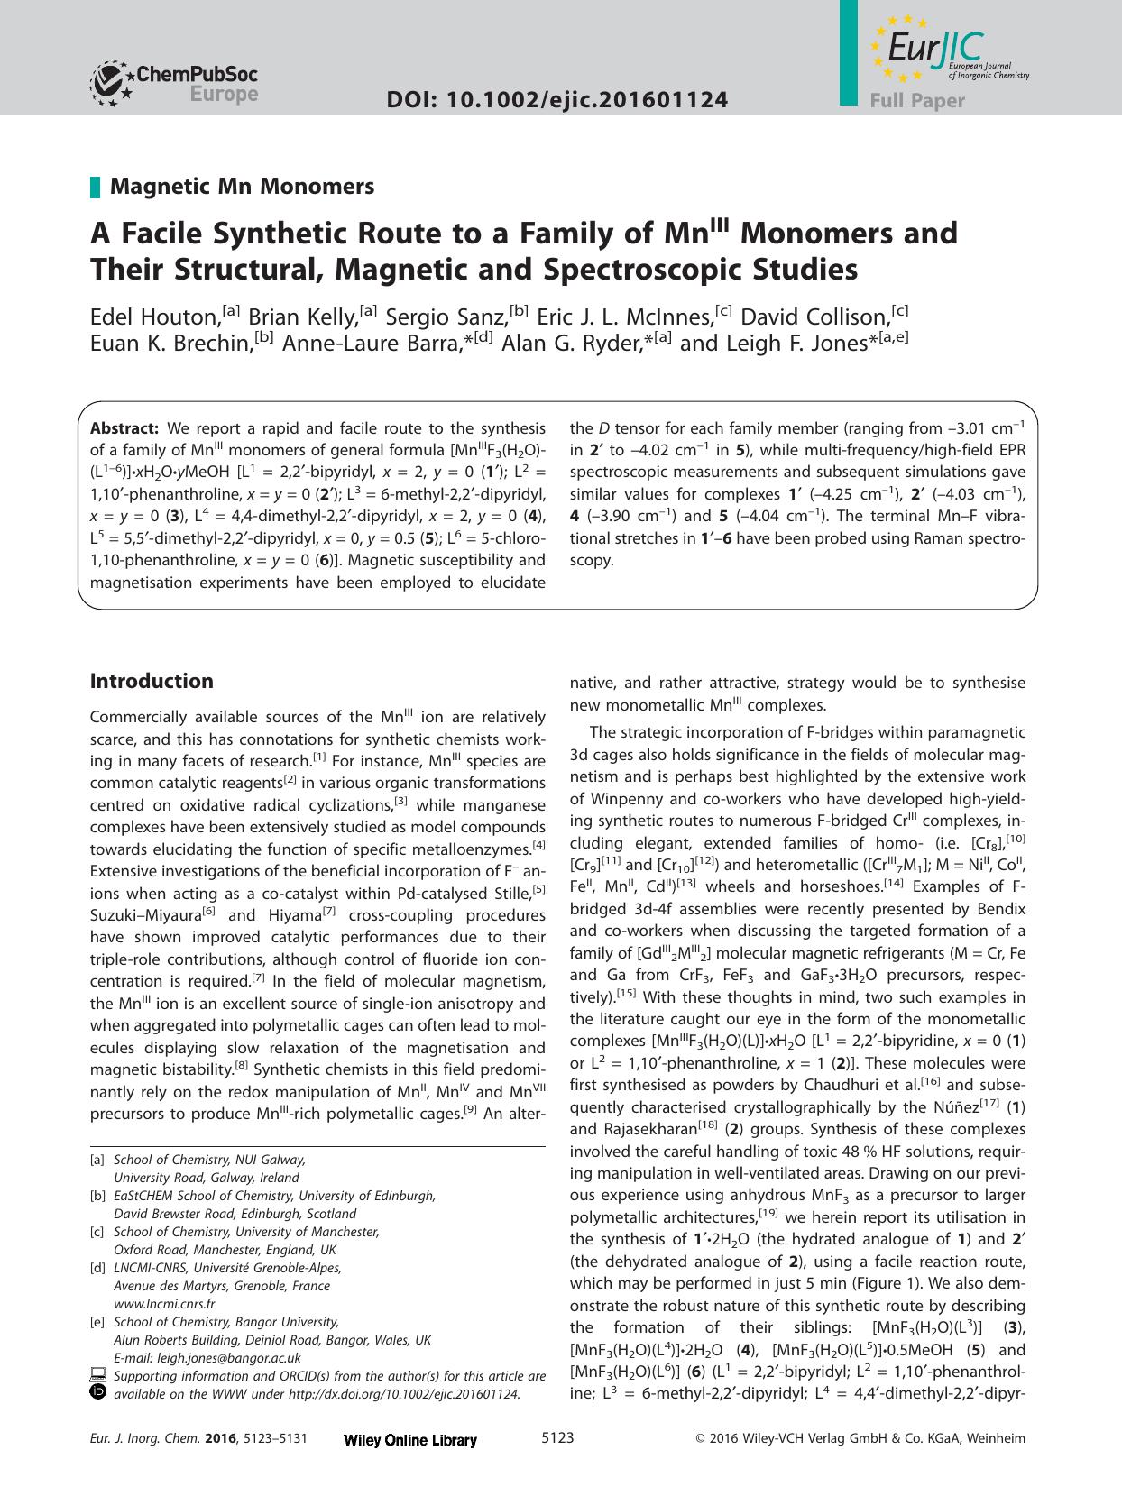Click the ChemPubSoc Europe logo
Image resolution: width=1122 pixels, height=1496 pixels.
tap(174, 84)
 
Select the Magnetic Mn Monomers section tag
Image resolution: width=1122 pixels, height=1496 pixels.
tap(241, 187)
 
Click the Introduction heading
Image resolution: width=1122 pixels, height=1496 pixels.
tap(152, 681)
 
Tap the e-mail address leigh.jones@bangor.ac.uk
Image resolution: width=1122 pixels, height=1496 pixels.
tap(229, 1357)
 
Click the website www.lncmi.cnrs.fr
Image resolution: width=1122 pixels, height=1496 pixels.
tap(164, 1303)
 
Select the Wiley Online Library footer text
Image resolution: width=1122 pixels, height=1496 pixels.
tap(410, 1440)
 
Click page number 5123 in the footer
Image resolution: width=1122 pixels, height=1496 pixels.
tap(556, 1438)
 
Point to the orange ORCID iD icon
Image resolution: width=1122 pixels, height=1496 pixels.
tap(98, 1392)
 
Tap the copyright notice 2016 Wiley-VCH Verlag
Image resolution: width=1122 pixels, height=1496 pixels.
tap(860, 1439)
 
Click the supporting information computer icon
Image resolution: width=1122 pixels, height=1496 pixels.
tap(98, 1375)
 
